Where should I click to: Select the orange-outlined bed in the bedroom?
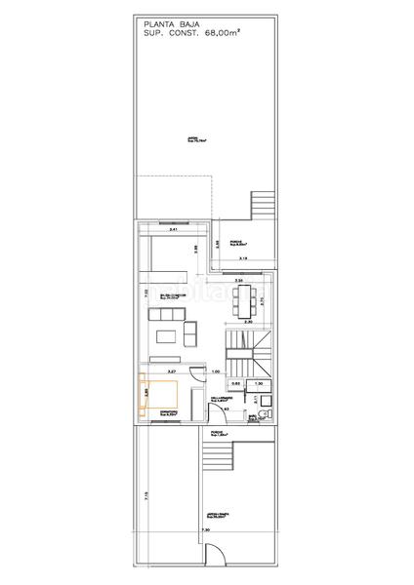click(159, 394)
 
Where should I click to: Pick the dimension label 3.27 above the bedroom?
click(171, 371)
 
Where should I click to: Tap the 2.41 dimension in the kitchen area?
click(173, 230)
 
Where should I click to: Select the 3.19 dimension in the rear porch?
click(242, 258)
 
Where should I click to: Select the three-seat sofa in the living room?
click(168, 312)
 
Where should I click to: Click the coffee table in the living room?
click(166, 336)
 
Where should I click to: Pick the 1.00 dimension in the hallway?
click(216, 371)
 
